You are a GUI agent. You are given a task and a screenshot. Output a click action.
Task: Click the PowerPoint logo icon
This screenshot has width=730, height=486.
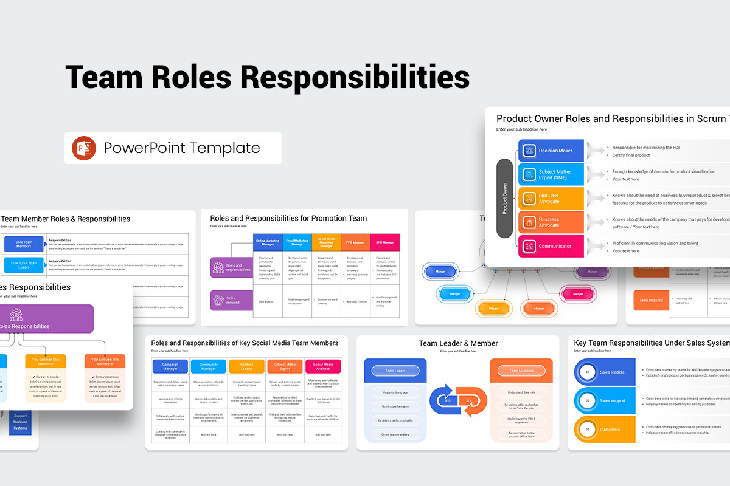pyautogui.click(x=84, y=148)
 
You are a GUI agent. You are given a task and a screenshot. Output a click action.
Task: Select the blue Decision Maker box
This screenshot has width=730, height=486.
pyautogui.click(x=551, y=151)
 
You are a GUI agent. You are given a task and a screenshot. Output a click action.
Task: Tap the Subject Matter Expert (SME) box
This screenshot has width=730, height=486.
pyautogui.click(x=551, y=174)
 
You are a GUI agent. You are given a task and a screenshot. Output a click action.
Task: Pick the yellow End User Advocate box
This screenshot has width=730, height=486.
pyautogui.click(x=551, y=199)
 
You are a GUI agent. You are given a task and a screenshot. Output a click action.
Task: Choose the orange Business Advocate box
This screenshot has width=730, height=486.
pyautogui.click(x=551, y=222)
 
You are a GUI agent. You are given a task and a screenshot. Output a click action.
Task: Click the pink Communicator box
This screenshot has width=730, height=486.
pyautogui.click(x=551, y=246)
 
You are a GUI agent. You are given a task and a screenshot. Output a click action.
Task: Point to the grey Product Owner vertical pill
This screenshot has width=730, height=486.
pyautogui.click(x=504, y=199)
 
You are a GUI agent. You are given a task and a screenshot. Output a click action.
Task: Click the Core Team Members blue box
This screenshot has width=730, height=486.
pyautogui.click(x=24, y=244)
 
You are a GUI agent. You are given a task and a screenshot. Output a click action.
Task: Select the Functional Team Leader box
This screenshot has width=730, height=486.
pyautogui.click(x=24, y=265)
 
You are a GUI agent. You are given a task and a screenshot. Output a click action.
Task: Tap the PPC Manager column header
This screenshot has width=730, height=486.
pyautogui.click(x=355, y=242)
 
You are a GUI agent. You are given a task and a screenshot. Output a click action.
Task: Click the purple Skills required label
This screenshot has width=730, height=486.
pyautogui.click(x=232, y=299)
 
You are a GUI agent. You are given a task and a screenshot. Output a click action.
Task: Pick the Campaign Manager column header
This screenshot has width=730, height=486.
pyautogui.click(x=170, y=366)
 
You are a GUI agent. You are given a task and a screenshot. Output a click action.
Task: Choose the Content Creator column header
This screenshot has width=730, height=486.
pyautogui.click(x=246, y=366)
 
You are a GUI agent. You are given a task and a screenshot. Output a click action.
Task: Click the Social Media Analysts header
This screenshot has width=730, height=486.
pyautogui.click(x=322, y=366)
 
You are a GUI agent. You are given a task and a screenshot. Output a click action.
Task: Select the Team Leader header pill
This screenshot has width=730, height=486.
pyautogui.click(x=395, y=371)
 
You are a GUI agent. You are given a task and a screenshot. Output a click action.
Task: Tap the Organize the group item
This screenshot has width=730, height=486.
pyautogui.click(x=395, y=392)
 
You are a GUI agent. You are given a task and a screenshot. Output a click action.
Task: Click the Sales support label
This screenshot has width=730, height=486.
pyautogui.click(x=613, y=401)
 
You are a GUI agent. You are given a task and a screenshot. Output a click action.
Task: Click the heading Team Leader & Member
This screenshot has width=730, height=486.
pyautogui.click(x=458, y=343)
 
